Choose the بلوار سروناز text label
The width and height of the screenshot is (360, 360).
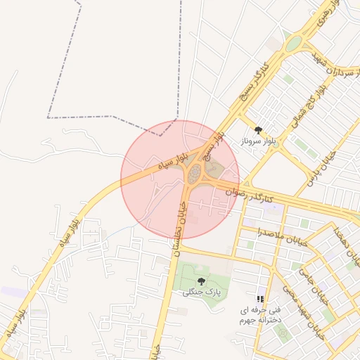coord(259,141)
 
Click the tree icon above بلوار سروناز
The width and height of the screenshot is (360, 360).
coord(258,130)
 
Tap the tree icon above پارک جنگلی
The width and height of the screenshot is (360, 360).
coord(201,281)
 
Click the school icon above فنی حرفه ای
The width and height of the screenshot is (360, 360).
coord(261,299)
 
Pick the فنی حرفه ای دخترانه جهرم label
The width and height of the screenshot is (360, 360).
coord(260,314)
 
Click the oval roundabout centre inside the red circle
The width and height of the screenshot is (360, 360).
coord(193,172)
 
